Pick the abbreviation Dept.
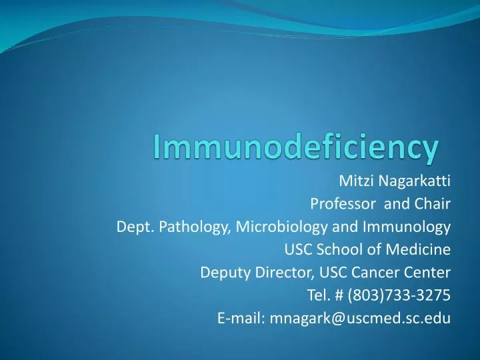coord(131,227)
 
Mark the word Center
coord(427,273)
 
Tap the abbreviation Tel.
coord(317,295)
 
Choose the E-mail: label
coord(241,318)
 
